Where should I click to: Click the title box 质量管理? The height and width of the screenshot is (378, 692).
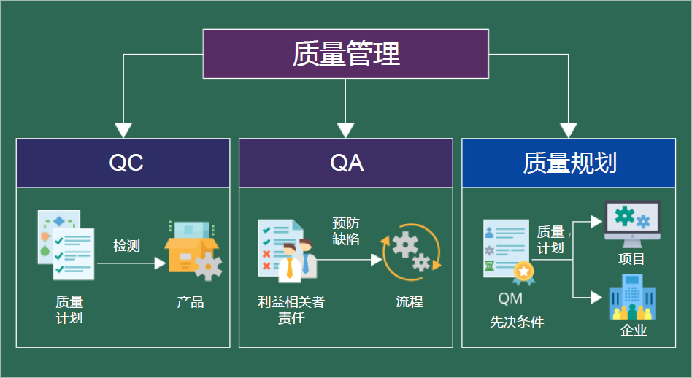click(345, 54)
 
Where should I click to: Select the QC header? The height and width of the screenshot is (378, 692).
click(126, 163)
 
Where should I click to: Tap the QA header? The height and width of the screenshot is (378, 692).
click(347, 163)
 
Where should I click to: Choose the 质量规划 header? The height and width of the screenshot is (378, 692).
click(569, 163)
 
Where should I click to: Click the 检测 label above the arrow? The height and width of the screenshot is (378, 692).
click(126, 245)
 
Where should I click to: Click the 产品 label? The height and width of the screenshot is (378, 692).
click(191, 301)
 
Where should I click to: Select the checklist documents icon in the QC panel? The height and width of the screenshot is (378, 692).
click(66, 245)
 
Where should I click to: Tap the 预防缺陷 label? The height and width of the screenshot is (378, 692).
click(345, 231)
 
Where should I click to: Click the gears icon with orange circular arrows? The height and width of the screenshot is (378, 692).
click(411, 252)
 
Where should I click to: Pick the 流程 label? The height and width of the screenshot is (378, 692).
click(410, 301)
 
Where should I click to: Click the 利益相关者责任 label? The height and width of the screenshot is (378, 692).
click(291, 309)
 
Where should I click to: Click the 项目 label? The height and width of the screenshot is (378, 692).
click(631, 259)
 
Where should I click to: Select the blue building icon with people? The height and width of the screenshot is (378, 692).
click(631, 298)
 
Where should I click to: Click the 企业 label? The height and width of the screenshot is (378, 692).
click(633, 331)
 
